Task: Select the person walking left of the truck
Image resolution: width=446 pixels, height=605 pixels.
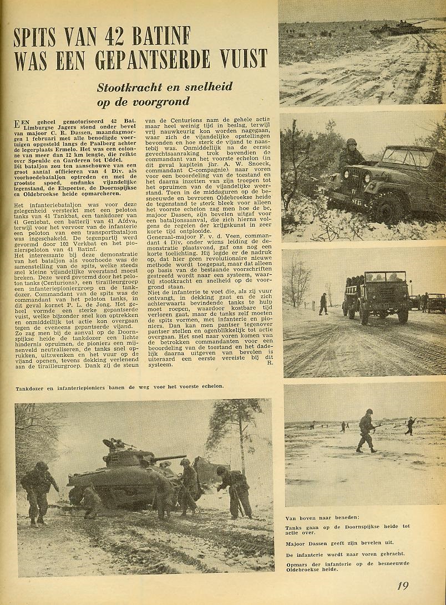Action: click(x=323, y=304)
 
